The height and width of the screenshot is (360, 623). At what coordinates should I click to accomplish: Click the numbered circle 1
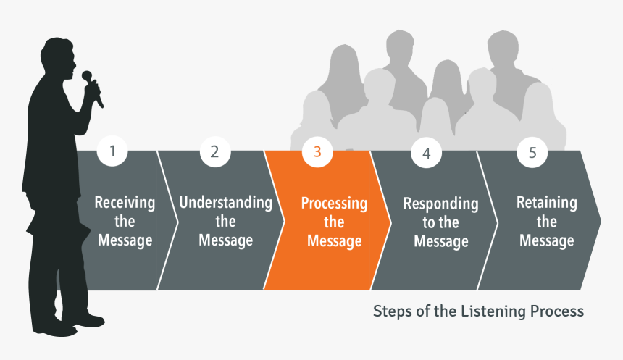[x=112, y=151]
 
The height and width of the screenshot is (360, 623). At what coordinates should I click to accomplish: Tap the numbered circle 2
[x=214, y=151]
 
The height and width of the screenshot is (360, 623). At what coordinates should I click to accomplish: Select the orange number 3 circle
[x=317, y=151]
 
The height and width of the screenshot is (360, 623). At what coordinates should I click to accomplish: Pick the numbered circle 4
[x=426, y=153]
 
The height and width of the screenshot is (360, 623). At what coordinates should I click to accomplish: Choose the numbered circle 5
[x=532, y=152]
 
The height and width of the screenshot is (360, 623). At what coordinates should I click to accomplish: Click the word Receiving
[x=125, y=203]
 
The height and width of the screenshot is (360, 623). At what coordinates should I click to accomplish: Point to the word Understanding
[x=225, y=203]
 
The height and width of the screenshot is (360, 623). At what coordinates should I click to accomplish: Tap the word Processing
[x=334, y=204]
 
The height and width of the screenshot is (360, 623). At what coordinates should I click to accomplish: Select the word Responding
[x=440, y=204]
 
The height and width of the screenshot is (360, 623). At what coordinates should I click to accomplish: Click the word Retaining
[x=546, y=203]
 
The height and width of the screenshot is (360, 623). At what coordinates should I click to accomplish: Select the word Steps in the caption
[x=390, y=311]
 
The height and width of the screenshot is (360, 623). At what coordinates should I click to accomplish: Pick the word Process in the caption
[x=557, y=311]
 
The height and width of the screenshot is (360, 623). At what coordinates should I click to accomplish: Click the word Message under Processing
[x=334, y=241]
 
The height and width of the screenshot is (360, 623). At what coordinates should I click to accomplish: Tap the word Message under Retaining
[x=546, y=240]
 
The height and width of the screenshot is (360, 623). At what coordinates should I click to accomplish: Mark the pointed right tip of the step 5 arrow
[x=600, y=219]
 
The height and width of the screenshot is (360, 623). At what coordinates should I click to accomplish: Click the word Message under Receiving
[x=125, y=240]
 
